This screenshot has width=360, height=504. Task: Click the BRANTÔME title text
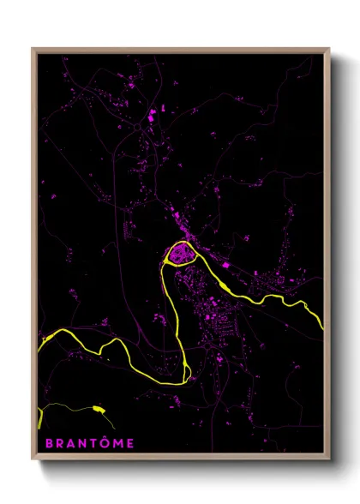[85, 443]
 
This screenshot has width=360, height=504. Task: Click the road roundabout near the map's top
[136, 128]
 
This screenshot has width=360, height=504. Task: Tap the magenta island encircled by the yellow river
[181, 254]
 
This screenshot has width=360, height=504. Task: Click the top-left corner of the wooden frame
[33, 49]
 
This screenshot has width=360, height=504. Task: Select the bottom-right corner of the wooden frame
[329, 462]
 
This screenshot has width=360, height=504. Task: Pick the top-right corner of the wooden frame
[329, 49]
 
